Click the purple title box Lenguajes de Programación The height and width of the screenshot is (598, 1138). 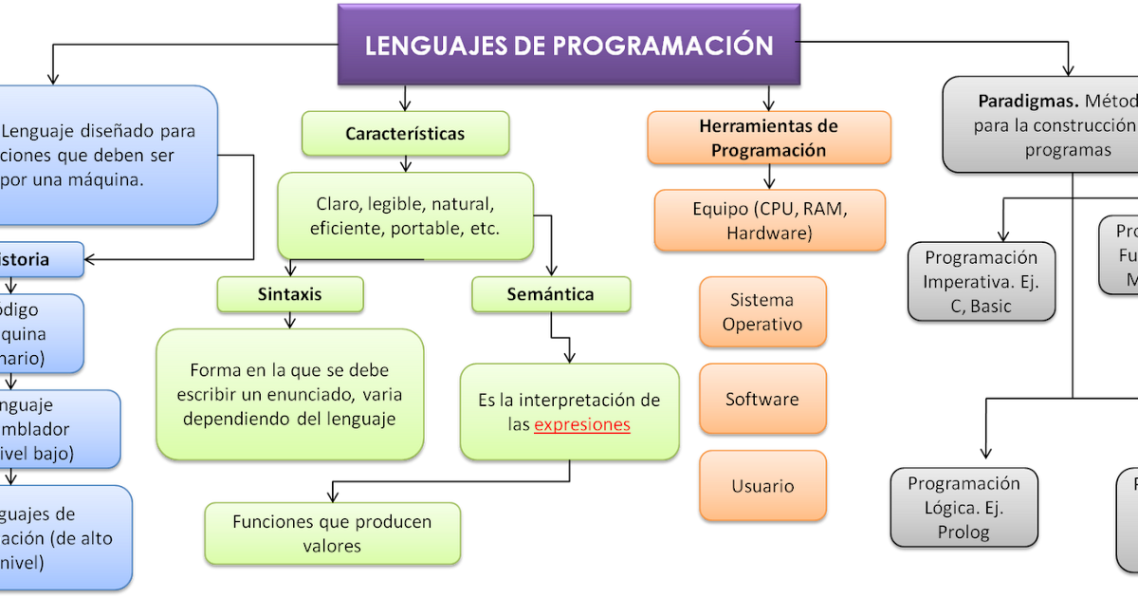[x=569, y=45]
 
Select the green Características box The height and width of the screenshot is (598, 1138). [x=405, y=134]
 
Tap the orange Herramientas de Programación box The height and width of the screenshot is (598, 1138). [x=768, y=138]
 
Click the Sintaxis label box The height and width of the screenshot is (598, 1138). [x=289, y=294]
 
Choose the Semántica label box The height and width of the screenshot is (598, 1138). [x=550, y=294]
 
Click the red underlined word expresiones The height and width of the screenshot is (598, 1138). [x=582, y=425]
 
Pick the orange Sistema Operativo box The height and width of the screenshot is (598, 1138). [x=762, y=311]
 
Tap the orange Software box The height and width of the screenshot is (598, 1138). [x=762, y=400]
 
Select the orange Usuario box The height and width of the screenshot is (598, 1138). [x=762, y=486]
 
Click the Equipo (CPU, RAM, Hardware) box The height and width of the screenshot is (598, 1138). [x=769, y=220]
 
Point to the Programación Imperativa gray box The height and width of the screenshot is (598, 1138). [x=981, y=282]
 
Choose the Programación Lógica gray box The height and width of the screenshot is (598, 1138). [x=964, y=508]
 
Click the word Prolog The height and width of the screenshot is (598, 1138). [x=964, y=533]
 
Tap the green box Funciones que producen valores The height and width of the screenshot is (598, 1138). [x=332, y=533]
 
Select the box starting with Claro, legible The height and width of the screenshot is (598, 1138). [x=405, y=216]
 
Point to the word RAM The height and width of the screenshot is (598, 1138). [x=821, y=209]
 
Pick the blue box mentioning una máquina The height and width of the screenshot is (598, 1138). [x=104, y=155]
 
